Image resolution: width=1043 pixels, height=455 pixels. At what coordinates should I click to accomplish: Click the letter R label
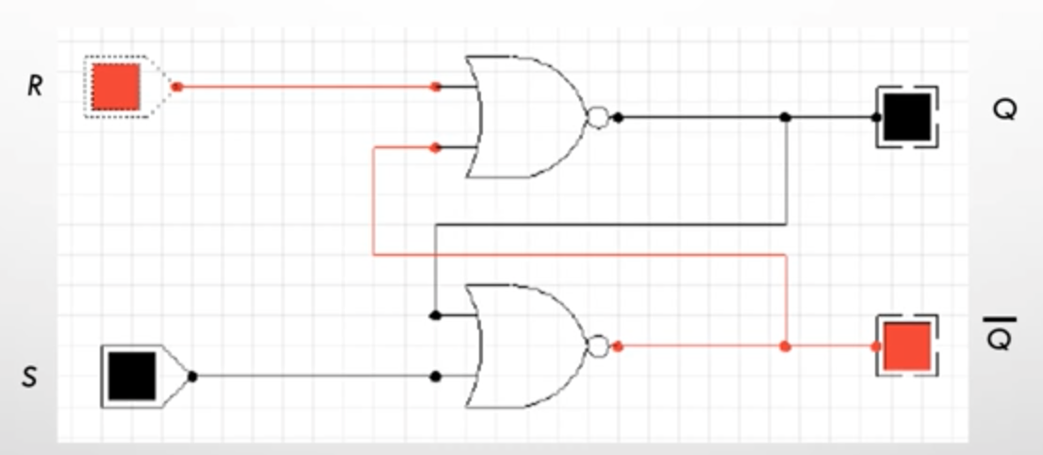pos(35,86)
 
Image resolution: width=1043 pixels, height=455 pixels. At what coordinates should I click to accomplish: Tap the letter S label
pos(29,378)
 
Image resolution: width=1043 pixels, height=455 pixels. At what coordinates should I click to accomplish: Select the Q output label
pos(1004,110)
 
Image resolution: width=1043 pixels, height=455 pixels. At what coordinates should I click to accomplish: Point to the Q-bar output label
pos(999,334)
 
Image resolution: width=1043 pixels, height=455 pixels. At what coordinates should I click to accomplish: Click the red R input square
pos(116,87)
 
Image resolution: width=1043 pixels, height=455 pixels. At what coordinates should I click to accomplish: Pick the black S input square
pos(132,377)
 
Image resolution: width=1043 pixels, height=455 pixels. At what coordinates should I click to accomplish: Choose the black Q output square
pos(906,117)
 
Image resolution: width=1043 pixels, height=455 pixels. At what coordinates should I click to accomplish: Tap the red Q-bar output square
pos(906,346)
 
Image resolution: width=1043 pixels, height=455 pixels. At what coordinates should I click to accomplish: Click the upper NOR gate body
pos(525,117)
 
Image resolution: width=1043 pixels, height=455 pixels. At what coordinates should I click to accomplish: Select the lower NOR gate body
pos(525,346)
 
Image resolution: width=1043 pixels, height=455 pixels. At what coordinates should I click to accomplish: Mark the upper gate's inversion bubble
pos(598,117)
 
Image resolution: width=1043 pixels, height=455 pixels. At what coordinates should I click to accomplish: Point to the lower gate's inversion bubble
pos(598,346)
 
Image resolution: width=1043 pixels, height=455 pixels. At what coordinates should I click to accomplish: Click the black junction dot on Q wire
pos(786,117)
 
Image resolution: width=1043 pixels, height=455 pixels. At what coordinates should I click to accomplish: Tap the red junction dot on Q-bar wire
pos(786,346)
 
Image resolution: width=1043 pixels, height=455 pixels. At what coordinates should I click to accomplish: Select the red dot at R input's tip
pos(177,87)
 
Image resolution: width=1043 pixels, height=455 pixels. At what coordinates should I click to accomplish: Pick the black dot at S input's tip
pos(192,377)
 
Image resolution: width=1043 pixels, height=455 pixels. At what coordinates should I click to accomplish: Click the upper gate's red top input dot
pos(436,87)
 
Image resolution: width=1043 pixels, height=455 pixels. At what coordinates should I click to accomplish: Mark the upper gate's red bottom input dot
pos(436,148)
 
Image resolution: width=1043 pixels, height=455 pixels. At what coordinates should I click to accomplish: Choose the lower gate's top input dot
pos(436,315)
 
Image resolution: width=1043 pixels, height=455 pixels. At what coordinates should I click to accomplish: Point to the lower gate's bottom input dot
pos(436,377)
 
